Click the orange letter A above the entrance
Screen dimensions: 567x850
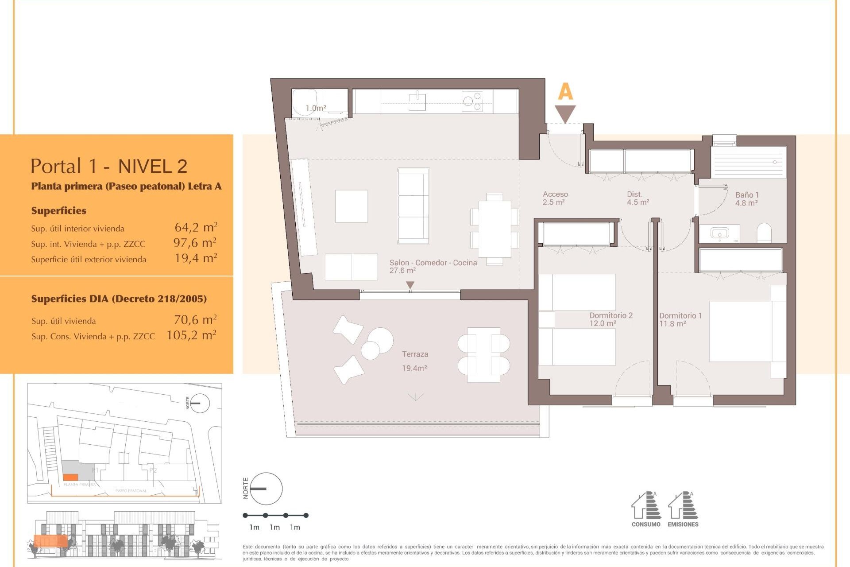pyautogui.click(x=565, y=92)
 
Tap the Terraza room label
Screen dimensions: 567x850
pyautogui.click(x=415, y=354)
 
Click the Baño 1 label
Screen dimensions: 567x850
pyautogui.click(x=747, y=195)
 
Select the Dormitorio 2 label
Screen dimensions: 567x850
pyautogui.click(x=611, y=315)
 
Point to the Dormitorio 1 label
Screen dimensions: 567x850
pyautogui.click(x=680, y=316)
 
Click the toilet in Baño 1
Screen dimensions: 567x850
pyautogui.click(x=764, y=233)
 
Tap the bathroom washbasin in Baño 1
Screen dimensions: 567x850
pyautogui.click(x=719, y=233)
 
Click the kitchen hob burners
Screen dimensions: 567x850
pyautogui.click(x=472, y=101)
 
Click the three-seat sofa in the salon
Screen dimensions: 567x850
pyautogui.click(x=413, y=206)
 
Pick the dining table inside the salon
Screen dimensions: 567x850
pyautogui.click(x=495, y=229)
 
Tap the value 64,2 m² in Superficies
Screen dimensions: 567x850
pyautogui.click(x=196, y=228)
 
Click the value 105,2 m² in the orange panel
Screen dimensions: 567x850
pyautogui.click(x=191, y=335)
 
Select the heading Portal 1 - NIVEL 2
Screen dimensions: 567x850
pyautogui.click(x=109, y=166)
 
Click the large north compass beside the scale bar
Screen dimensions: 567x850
pyautogui.click(x=266, y=489)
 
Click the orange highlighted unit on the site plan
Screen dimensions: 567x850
pyautogui.click(x=70, y=477)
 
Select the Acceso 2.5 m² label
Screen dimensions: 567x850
pyautogui.click(x=555, y=198)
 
